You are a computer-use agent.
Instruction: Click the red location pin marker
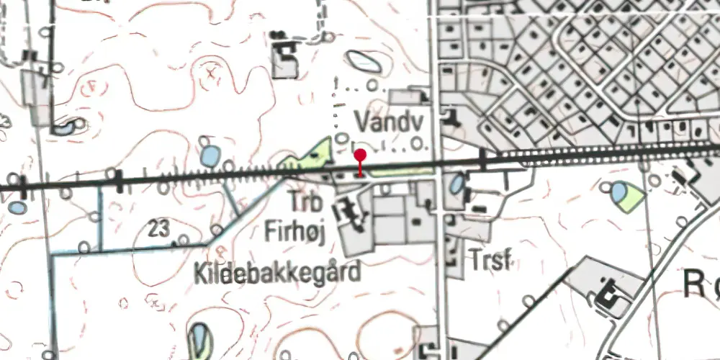360,156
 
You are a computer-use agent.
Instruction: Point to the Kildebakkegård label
276,273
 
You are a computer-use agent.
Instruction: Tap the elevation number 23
160,230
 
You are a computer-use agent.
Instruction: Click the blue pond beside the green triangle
618,192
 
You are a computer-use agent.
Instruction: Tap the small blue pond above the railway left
210,156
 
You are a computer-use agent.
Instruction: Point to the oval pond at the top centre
364,61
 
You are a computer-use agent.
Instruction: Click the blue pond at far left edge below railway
18,208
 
